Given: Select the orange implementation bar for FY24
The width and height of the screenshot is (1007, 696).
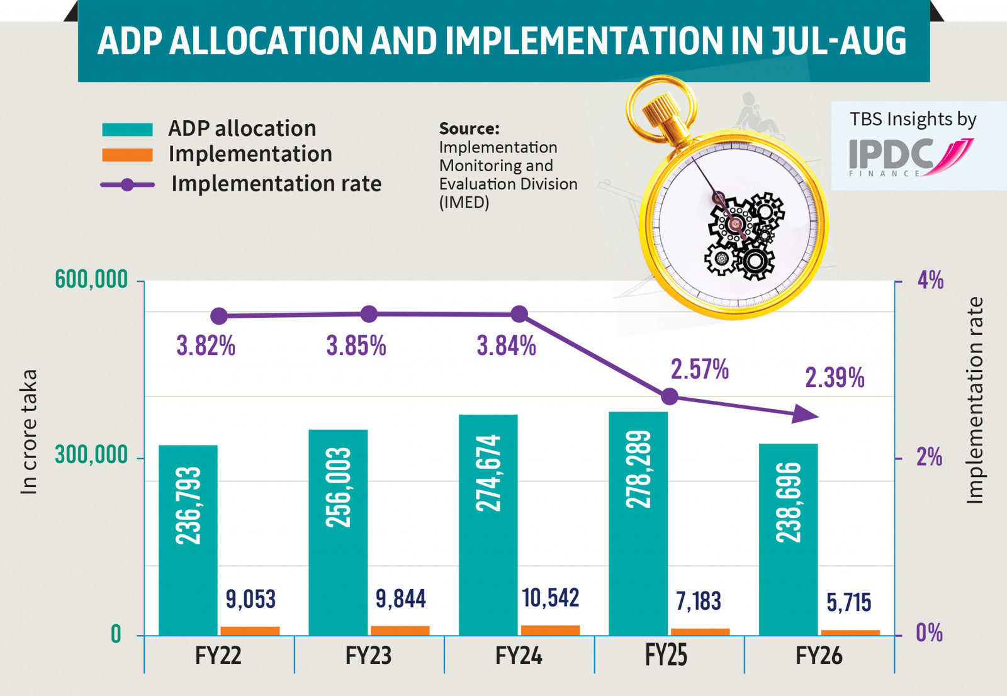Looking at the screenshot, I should point(550,630).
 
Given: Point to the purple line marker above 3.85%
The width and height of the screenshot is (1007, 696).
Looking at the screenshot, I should point(369,314).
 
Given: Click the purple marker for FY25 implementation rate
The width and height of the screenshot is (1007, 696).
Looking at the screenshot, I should point(670,396).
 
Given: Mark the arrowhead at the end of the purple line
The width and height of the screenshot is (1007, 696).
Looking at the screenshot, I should point(806,414).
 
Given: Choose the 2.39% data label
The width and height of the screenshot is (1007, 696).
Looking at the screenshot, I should point(835,378).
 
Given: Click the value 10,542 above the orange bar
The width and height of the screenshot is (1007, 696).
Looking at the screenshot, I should point(550,598).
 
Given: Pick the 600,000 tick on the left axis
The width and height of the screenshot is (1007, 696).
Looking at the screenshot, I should point(91,279).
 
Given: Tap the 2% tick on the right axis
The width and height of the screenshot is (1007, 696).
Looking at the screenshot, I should point(929,457).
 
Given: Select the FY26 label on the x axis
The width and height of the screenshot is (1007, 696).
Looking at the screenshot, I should point(818,656).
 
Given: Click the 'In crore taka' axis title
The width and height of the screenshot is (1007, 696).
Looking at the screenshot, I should point(29,432).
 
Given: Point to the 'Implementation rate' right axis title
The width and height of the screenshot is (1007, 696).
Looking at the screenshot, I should point(974,400).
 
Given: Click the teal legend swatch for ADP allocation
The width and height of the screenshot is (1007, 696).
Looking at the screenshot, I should point(127,130).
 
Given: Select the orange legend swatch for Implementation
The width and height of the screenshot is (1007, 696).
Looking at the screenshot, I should point(127,155).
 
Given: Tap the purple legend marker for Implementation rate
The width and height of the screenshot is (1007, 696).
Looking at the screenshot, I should point(127,184).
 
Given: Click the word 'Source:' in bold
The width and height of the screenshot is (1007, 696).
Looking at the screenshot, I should point(469,128).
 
